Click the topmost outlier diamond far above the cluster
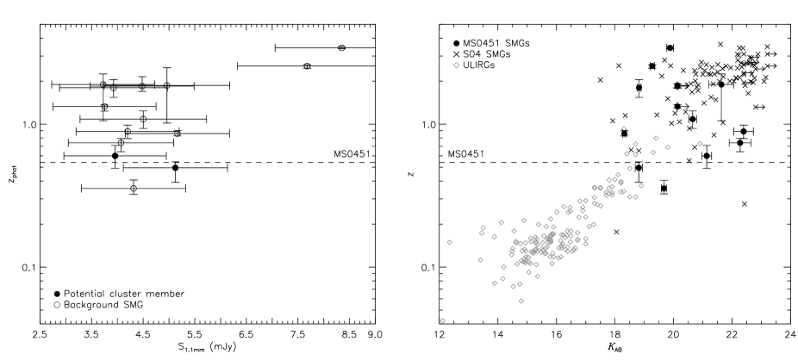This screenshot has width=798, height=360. [x=456, y=65]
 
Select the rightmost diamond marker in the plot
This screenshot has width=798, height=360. [x=700, y=144]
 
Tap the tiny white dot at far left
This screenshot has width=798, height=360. [x=57, y=305]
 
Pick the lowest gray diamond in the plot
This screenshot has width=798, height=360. [x=443, y=320]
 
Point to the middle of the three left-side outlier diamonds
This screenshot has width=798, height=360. [x=449, y=243]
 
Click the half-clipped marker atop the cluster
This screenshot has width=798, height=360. [x=624, y=129]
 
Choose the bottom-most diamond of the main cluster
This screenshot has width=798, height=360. [x=521, y=301]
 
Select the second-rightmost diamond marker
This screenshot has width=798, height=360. [x=667, y=147]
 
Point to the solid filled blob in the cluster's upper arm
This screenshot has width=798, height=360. [x=609, y=193]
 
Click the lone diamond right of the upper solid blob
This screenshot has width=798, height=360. [x=641, y=186]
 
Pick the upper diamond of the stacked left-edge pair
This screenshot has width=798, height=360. [x=483, y=228]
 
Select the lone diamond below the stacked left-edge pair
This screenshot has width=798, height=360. [x=480, y=260]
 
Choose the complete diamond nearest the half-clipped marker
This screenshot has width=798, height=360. [x=635, y=145]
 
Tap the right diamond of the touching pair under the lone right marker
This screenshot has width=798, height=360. [x=635, y=197]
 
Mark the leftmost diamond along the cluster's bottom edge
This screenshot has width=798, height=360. [x=495, y=283]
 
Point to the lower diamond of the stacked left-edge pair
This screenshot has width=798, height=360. [x=482, y=233]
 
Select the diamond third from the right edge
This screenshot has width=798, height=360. [x=656, y=138]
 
